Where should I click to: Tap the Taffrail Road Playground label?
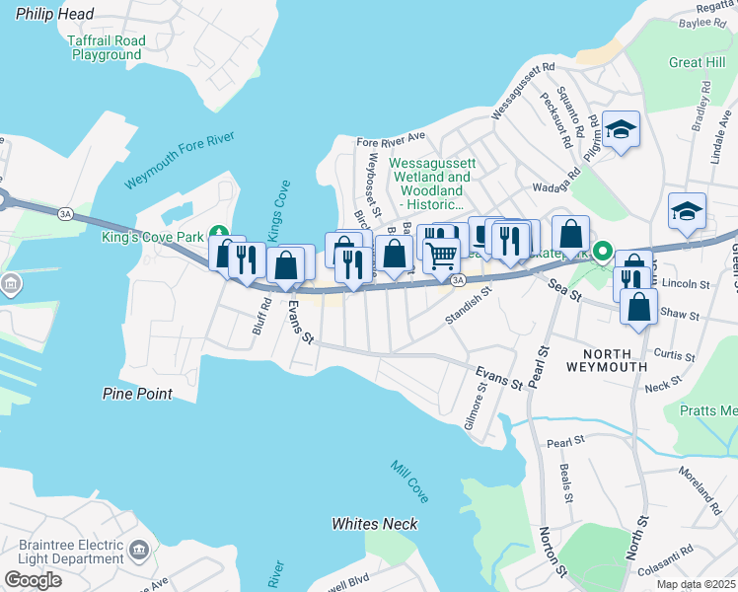coord(106,47)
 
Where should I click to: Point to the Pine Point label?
coord(137,394)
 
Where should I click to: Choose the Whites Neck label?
coord(374,524)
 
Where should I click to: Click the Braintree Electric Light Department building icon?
coord(138,548)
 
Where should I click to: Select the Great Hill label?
coord(697,62)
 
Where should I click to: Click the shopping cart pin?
coord(441,254)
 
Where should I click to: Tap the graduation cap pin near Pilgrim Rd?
coord(621,129)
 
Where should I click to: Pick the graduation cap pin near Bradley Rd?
coord(687,211)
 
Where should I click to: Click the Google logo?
coord(33,579)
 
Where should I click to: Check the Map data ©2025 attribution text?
coord(696,584)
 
